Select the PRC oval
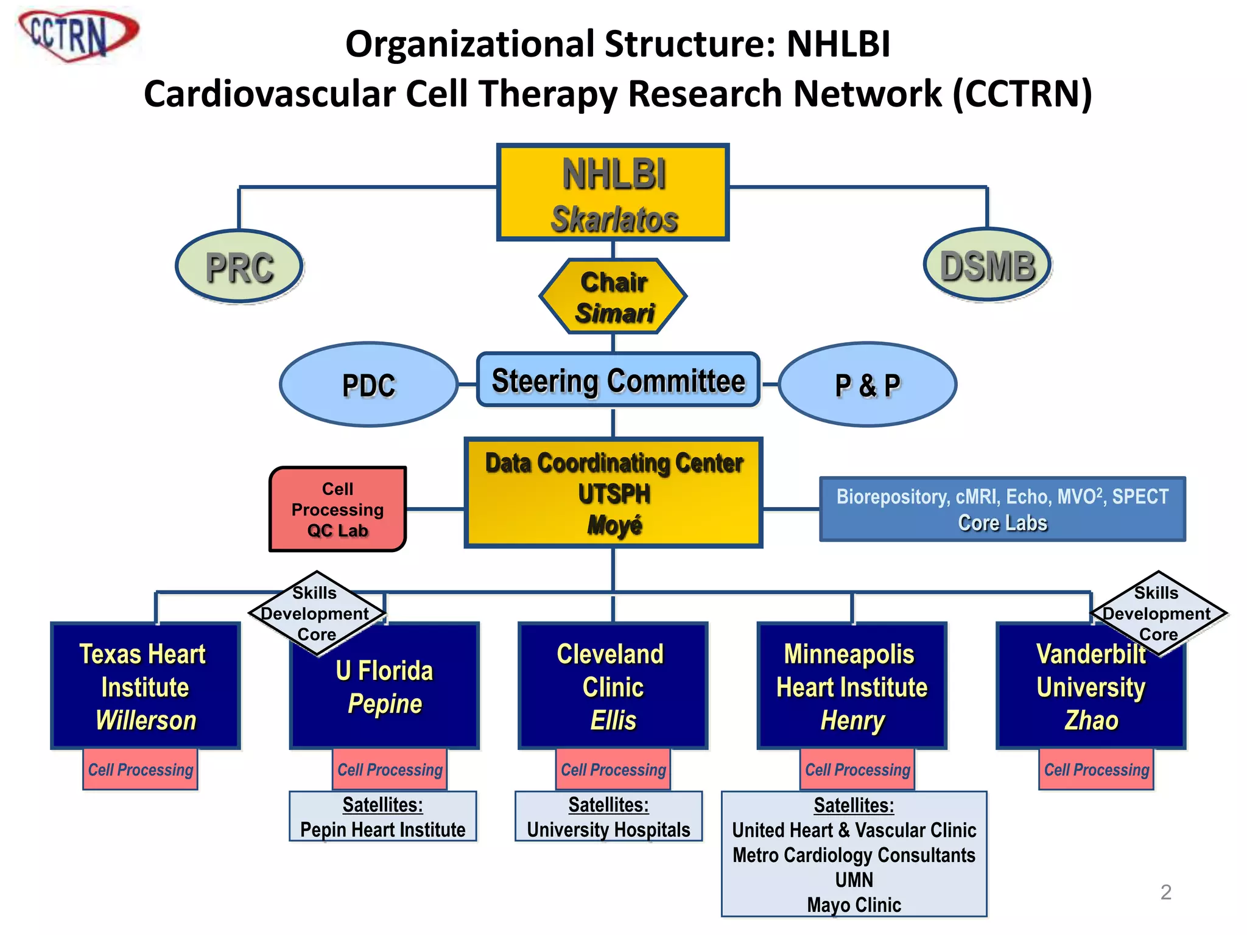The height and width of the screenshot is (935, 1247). point(239,267)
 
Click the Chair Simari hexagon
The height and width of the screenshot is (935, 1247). point(613,297)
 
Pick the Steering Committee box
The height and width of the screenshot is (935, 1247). point(618,380)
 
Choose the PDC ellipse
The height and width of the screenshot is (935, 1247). point(368,385)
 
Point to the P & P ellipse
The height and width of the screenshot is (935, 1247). point(867,385)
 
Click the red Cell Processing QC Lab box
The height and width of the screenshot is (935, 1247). point(337,510)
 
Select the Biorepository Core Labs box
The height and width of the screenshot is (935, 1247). point(1002,510)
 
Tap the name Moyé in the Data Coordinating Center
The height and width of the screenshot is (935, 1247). point(614,525)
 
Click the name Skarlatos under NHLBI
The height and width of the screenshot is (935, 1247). point(614,219)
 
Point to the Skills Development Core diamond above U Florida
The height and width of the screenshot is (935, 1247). point(316,613)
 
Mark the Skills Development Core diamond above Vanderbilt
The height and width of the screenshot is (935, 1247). point(1157,613)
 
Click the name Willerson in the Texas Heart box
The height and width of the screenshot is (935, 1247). point(146,721)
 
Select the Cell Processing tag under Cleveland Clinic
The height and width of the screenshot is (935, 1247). point(613,770)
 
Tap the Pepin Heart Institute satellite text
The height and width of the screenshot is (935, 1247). point(382,830)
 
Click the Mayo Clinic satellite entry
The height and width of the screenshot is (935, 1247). point(854,905)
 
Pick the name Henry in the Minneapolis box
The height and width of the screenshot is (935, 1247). point(852,721)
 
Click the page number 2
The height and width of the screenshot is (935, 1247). point(1165,892)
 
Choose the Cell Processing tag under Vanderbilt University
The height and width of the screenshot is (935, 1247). point(1096,770)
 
